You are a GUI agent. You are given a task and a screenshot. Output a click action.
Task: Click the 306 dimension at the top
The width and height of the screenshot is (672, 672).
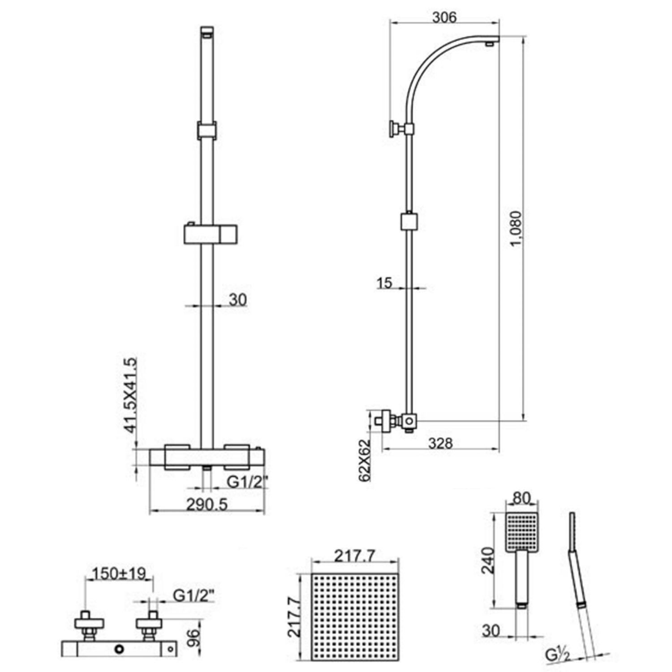click(x=444, y=17)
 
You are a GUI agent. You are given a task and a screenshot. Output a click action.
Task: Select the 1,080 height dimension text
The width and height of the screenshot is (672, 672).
click(x=516, y=228)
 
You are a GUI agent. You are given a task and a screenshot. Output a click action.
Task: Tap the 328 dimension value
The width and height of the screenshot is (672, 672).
click(x=440, y=443)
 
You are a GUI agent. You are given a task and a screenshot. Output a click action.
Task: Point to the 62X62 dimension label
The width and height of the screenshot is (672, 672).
click(x=365, y=460)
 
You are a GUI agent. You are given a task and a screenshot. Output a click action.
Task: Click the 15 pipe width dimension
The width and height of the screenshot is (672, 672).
click(x=384, y=283)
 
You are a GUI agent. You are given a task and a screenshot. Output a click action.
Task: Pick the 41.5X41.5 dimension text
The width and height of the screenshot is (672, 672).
click(x=130, y=395)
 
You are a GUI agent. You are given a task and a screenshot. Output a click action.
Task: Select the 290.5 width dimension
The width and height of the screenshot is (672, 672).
click(x=207, y=504)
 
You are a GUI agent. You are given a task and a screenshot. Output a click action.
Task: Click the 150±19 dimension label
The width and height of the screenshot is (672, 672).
click(x=119, y=573)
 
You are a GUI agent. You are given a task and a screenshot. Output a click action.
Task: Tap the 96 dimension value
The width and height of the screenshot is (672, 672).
click(x=192, y=638)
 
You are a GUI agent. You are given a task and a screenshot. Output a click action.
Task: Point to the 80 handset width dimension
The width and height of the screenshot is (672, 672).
click(x=521, y=498)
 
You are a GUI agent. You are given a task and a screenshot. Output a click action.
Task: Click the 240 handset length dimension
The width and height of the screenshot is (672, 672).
click(x=487, y=560)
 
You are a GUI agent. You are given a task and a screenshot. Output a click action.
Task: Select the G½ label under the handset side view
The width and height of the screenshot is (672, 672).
click(x=558, y=655)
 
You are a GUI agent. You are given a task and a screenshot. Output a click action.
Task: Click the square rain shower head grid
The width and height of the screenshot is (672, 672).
click(x=354, y=617)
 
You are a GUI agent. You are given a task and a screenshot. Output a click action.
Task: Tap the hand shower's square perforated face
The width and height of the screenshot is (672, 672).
click(x=522, y=531)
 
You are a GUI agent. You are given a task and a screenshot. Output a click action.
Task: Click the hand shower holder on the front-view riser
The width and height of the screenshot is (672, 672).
click(x=210, y=233)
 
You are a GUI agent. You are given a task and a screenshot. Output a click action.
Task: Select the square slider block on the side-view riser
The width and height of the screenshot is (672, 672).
click(x=409, y=222)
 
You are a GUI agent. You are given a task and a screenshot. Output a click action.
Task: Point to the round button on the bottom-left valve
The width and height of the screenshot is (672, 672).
click(x=119, y=649)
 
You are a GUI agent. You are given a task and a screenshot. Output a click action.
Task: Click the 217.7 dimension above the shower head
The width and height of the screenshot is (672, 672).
click(x=354, y=556)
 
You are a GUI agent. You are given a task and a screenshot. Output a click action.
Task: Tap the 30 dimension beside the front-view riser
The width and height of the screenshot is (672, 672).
click(x=237, y=300)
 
